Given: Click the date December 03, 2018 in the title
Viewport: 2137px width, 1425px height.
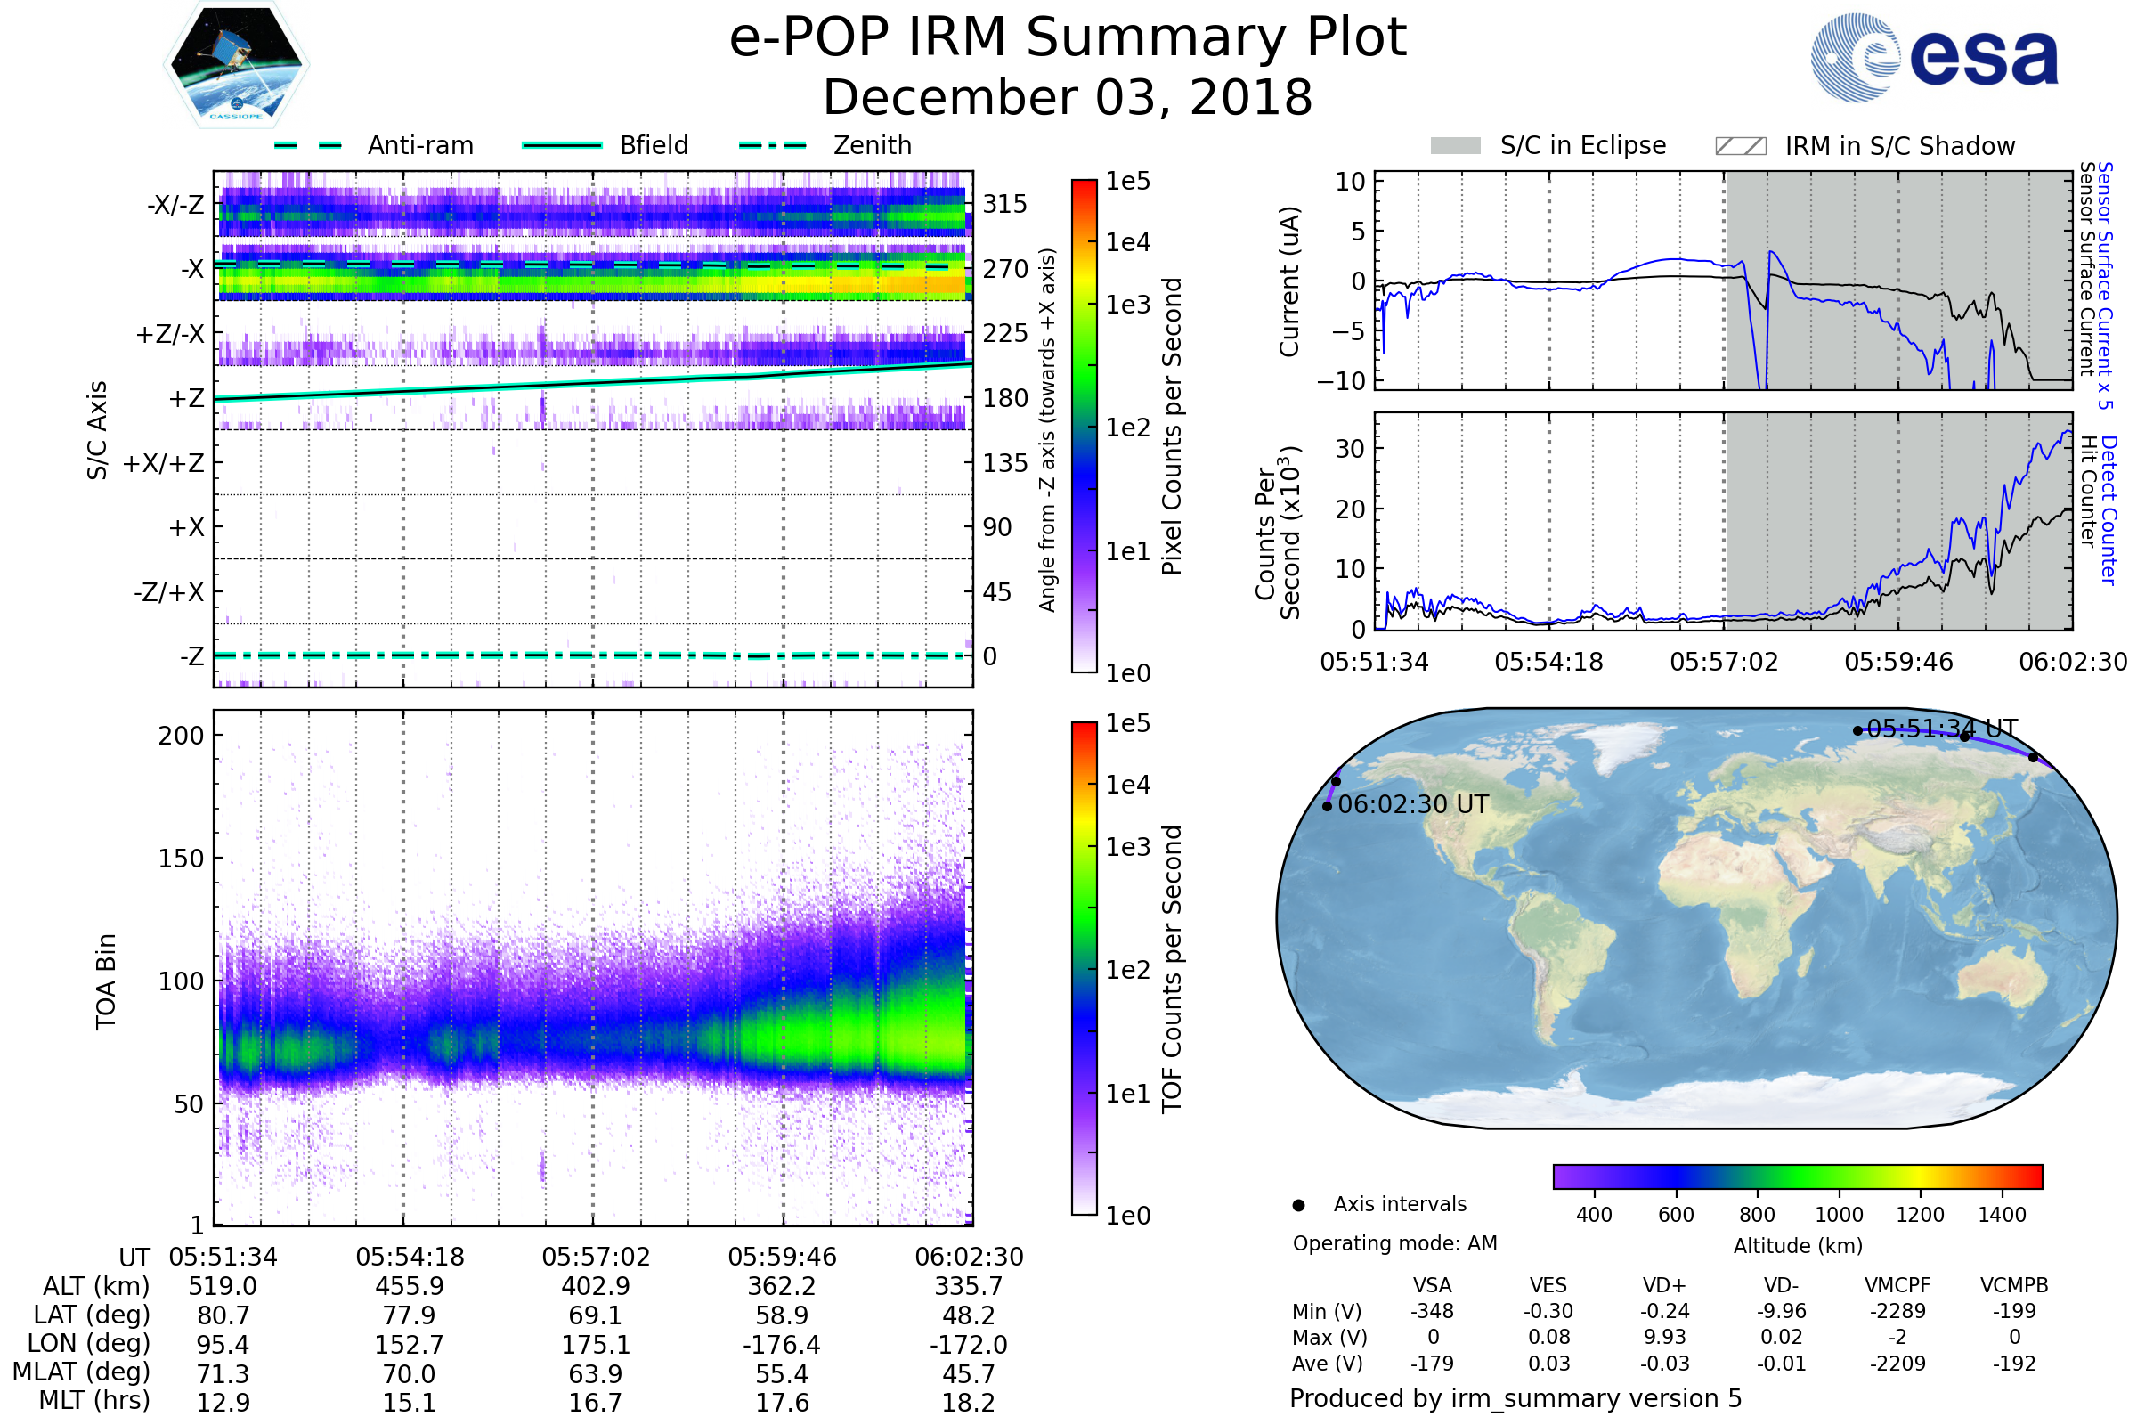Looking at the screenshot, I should [1068, 98].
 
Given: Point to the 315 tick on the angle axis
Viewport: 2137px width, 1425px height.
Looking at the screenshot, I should [1004, 204].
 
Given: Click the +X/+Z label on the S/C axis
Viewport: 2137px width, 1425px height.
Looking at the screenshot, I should [164, 463].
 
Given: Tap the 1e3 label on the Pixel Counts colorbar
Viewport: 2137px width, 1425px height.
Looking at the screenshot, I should [1127, 305].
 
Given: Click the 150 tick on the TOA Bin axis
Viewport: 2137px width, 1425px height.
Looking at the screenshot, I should [181, 859].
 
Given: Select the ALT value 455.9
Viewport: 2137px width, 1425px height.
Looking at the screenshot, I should [410, 1286].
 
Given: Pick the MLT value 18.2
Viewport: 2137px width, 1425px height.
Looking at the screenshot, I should [968, 1402].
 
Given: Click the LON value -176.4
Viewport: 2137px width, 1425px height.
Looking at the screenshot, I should [782, 1344].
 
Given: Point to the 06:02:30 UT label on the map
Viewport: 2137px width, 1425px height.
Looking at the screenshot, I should [1413, 804].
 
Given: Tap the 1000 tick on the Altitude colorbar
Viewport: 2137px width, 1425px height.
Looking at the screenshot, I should [1838, 1215].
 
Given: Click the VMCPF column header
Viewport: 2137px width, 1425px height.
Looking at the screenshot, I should [1897, 1285].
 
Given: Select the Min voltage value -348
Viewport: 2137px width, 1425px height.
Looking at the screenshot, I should [1432, 1311].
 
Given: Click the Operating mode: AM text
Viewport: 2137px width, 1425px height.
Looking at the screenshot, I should [1394, 1243].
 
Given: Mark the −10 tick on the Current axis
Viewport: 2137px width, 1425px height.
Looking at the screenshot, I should [1342, 381].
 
